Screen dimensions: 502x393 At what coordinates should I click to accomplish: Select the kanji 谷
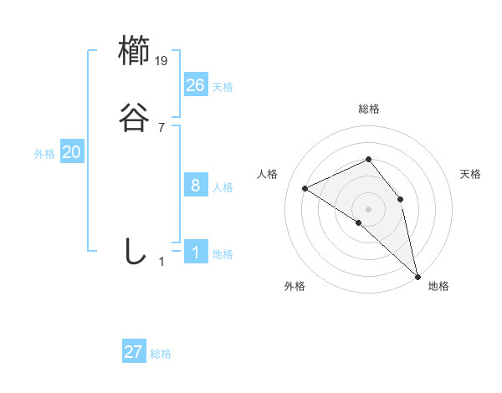point(134,119)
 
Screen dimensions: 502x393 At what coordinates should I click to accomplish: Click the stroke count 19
point(162,61)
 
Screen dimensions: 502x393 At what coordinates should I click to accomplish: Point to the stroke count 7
point(161,128)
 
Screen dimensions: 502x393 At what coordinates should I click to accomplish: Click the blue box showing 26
point(196,84)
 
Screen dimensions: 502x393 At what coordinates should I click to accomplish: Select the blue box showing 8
point(196,186)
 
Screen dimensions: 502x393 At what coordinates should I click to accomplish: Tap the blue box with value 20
point(72,152)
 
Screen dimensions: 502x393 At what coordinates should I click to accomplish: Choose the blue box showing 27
point(134,352)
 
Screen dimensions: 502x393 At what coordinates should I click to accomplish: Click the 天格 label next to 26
point(223,86)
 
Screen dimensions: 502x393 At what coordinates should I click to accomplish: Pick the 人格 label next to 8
point(223,187)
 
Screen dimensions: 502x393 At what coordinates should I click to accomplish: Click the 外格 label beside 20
point(44,154)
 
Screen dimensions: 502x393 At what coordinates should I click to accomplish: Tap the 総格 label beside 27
point(161,354)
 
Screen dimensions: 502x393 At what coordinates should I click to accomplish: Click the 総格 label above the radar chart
point(369,109)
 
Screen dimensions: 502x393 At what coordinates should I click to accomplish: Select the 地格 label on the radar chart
point(438,286)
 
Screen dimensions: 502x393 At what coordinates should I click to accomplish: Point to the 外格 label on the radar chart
point(295,286)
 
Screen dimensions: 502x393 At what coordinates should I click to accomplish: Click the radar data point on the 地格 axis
point(417,274)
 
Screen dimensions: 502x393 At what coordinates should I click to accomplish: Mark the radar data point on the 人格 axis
point(305,188)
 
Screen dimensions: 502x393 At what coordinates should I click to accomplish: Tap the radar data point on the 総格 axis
point(368,159)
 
